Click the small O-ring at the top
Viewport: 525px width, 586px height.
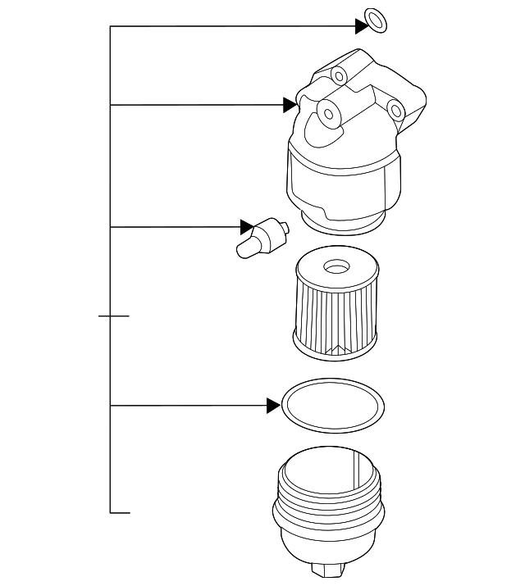coord(374,22)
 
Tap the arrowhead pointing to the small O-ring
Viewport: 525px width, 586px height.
coord(361,26)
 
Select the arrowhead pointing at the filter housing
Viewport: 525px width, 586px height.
coord(289,105)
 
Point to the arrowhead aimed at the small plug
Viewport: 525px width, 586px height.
coord(247,226)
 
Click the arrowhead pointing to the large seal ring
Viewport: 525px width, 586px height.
coord(273,405)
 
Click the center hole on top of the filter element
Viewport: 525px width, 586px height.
coord(335,267)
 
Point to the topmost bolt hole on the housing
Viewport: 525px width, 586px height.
coord(339,75)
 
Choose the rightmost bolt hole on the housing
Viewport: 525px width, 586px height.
coord(395,109)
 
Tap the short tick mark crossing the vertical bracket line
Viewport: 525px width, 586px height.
coord(113,315)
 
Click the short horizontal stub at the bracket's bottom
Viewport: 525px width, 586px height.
coord(121,513)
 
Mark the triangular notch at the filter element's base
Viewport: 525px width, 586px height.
coord(334,351)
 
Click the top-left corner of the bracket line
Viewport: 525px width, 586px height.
coord(111,26)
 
